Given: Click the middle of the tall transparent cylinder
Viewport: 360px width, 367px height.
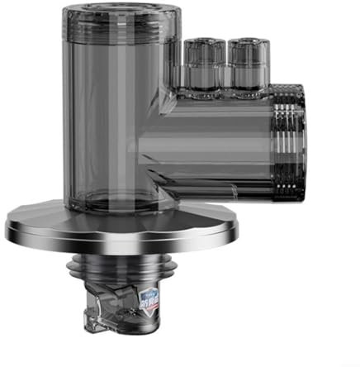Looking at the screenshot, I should point(116,116).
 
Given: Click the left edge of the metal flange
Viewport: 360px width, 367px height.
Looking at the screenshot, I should point(10,225).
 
